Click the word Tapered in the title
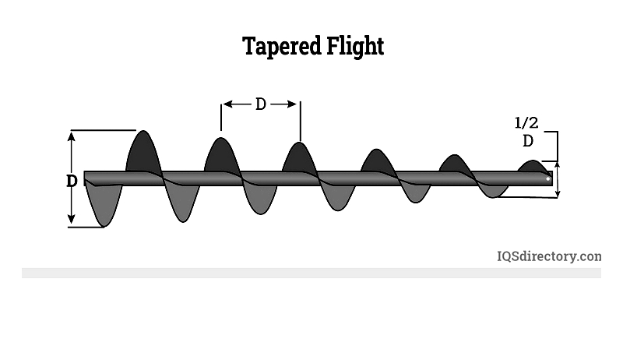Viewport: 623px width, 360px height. pyautogui.click(x=282, y=47)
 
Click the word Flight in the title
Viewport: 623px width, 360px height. pyautogui.click(x=355, y=47)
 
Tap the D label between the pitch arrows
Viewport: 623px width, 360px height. pyautogui.click(x=260, y=104)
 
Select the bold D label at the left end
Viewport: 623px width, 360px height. pyautogui.click(x=72, y=181)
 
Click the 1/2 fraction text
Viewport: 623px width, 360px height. pyautogui.click(x=526, y=123)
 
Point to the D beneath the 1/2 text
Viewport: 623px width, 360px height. pyautogui.click(x=528, y=141)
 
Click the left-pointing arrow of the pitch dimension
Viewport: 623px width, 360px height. pyautogui.click(x=237, y=104)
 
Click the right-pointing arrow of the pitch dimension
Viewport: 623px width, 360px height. pyautogui.click(x=283, y=104)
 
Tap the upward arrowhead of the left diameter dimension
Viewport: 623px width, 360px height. pyautogui.click(x=71, y=136)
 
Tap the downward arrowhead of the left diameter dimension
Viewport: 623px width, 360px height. pyautogui.click(x=71, y=218)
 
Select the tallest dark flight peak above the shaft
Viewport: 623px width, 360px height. pyautogui.click(x=143, y=151)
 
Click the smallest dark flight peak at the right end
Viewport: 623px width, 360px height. pyautogui.click(x=533, y=166)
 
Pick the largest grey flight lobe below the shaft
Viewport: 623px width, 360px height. pyautogui.click(x=104, y=205)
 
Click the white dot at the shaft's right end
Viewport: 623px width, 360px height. pyautogui.click(x=548, y=178)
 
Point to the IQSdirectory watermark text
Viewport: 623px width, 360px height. pyautogui.click(x=549, y=256)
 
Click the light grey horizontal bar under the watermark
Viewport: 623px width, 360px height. pyautogui.click(x=311, y=273)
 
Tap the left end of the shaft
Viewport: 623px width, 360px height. pyautogui.click(x=84, y=178)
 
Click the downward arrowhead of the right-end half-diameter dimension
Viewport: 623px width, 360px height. pyautogui.click(x=558, y=193)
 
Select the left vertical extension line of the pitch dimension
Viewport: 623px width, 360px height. pyautogui.click(x=221, y=117)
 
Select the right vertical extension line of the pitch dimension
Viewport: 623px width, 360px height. pyautogui.click(x=301, y=122)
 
